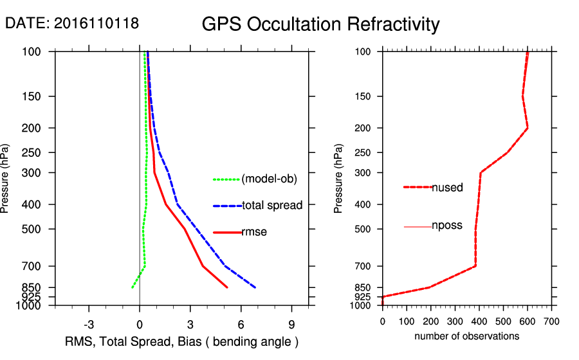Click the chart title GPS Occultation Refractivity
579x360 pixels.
coord(320,24)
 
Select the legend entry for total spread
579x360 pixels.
coord(272,206)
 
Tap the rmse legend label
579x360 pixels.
coord(254,232)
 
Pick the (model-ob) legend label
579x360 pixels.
coord(270,179)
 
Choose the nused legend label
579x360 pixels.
coord(447,187)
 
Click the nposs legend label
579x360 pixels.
coord(447,226)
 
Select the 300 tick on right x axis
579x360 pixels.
coord(455,320)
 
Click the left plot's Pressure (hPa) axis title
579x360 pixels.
coord(6,178)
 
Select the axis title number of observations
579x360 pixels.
coord(467,336)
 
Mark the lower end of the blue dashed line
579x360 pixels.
coord(255,287)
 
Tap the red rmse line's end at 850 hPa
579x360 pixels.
coord(227,287)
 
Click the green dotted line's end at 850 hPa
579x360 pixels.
coord(132,287)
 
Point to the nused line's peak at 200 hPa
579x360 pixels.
coord(528,128)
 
